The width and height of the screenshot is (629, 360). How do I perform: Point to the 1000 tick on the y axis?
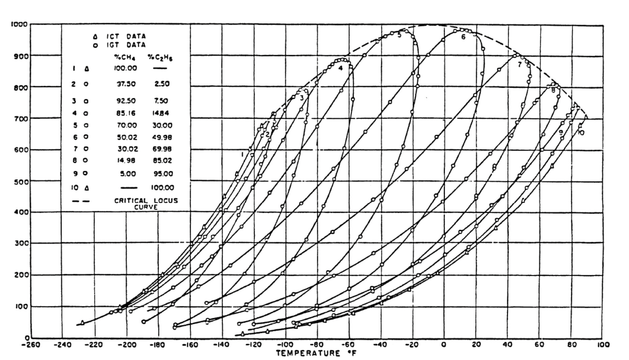pyautogui.click(x=19, y=24)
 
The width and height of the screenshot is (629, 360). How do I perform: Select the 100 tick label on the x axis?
pyautogui.click(x=604, y=345)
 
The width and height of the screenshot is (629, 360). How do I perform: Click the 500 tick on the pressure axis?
pyautogui.click(x=21, y=181)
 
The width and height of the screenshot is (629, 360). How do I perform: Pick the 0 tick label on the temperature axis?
pyautogui.click(x=444, y=345)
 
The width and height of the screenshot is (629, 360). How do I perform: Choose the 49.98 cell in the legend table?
pyautogui.click(x=162, y=137)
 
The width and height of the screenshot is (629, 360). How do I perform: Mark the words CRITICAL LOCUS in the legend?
pyautogui.click(x=146, y=201)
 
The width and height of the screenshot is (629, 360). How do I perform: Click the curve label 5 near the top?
pyautogui.click(x=399, y=35)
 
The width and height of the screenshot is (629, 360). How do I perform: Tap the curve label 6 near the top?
pyautogui.click(x=463, y=37)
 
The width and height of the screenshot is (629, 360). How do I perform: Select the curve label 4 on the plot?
pyautogui.click(x=340, y=68)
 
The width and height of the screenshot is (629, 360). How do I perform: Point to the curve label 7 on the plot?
pyautogui.click(x=519, y=65)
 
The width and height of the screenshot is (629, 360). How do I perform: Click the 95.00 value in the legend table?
pyautogui.click(x=162, y=174)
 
